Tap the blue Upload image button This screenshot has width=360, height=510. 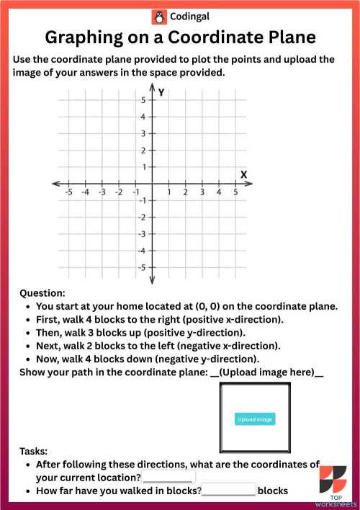click(254, 419)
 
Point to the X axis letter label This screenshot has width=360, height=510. click(243, 174)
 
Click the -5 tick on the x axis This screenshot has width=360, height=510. click(68, 192)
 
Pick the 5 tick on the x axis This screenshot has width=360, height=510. click(235, 192)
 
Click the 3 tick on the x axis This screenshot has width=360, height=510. click(202, 192)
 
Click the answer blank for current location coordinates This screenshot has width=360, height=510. click(169, 477)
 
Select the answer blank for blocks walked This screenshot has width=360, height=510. click(229, 491)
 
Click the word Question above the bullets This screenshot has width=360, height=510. click(42, 293)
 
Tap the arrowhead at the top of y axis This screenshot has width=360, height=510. click(152, 89)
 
